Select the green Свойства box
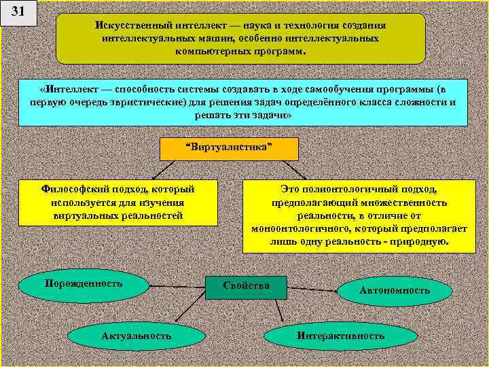247,287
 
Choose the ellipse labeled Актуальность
137,336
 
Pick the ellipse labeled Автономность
395,290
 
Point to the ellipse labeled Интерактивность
340,336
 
